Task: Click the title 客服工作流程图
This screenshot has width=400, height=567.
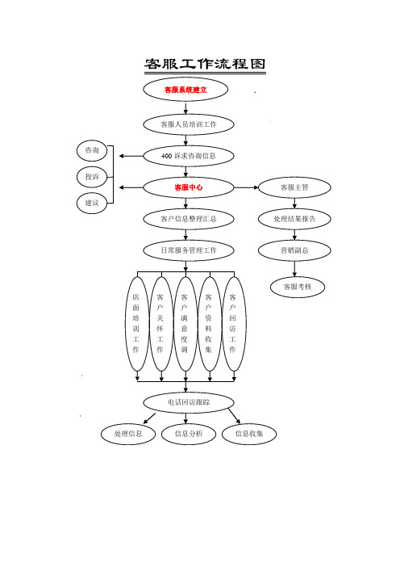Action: pos(205,64)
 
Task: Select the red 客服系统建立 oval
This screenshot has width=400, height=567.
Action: pos(185,90)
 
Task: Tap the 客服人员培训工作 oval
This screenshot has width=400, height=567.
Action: pos(189,124)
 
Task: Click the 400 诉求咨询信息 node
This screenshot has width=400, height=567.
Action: pos(189,156)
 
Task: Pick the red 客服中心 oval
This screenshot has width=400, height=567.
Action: pos(189,187)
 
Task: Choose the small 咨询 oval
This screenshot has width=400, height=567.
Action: pos(92,150)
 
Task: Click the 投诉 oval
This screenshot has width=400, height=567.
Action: pos(92,177)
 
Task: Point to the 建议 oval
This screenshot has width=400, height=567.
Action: pos(92,203)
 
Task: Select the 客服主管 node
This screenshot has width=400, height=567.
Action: pos(294,187)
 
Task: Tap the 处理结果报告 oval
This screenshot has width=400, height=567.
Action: pos(294,219)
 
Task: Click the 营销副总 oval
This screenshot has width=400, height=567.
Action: pos(294,250)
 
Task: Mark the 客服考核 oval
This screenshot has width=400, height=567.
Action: pos(298,287)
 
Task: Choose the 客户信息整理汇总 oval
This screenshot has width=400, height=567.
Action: pos(189,219)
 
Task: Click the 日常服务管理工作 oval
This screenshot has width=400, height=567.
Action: pos(189,250)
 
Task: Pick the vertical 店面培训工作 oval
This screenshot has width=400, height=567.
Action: pos(137,324)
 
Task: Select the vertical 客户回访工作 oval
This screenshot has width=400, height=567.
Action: pos(234,324)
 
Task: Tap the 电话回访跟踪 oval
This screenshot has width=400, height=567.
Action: pos(189,402)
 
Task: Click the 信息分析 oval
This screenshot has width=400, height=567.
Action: pos(189,434)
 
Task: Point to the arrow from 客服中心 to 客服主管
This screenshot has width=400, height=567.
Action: pos(246,187)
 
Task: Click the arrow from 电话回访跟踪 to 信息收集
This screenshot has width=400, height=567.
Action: pos(234,415)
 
